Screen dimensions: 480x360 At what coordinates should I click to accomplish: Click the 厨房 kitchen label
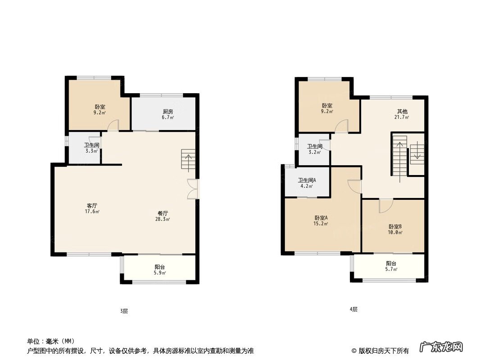[x=168, y=112]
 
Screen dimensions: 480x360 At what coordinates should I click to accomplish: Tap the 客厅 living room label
[x=92, y=206]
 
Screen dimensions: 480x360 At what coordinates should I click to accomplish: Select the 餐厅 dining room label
[x=163, y=213]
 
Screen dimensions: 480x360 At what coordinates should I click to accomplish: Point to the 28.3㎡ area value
[x=163, y=219]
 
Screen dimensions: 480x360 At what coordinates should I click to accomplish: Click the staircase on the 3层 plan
[x=188, y=160]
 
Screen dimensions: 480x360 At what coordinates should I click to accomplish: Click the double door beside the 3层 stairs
[x=193, y=189]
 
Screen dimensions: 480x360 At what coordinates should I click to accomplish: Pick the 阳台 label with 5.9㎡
[x=160, y=267]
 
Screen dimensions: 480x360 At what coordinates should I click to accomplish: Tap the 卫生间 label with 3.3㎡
[x=91, y=145]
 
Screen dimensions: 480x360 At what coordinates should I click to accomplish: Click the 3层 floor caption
[x=124, y=311]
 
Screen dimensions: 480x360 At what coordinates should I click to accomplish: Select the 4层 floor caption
[x=353, y=309]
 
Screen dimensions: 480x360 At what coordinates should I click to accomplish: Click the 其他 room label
[x=402, y=112]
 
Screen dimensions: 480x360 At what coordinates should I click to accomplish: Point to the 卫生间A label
[x=307, y=180]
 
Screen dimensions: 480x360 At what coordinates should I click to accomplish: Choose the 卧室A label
[x=321, y=218]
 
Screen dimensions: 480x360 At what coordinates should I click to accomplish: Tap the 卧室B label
[x=395, y=227]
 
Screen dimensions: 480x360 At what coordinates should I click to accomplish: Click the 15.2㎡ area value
[x=321, y=224]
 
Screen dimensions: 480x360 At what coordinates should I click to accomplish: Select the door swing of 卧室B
[x=386, y=206]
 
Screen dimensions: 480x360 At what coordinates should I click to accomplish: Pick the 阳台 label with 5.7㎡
[x=391, y=264]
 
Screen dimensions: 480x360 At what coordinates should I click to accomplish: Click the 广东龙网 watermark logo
[x=441, y=347]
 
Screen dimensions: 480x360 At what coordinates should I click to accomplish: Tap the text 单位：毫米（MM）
[x=51, y=341]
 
